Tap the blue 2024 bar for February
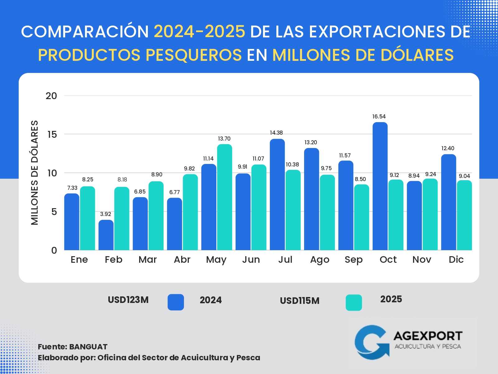[106, 235]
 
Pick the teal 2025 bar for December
[464, 215]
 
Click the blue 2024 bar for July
[277, 195]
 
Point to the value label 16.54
[379, 117]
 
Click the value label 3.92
[106, 214]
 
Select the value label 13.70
[224, 139]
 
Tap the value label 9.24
[431, 174]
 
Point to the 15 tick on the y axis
[52, 134]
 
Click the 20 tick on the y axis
[51, 96]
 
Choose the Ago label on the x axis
[320, 260]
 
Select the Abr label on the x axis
[182, 260]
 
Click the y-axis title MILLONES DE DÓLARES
[35, 173]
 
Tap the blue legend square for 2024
[176, 302]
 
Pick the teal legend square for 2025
[354, 303]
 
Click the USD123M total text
[128, 300]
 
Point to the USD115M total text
[300, 301]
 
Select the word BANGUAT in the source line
[88, 347]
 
